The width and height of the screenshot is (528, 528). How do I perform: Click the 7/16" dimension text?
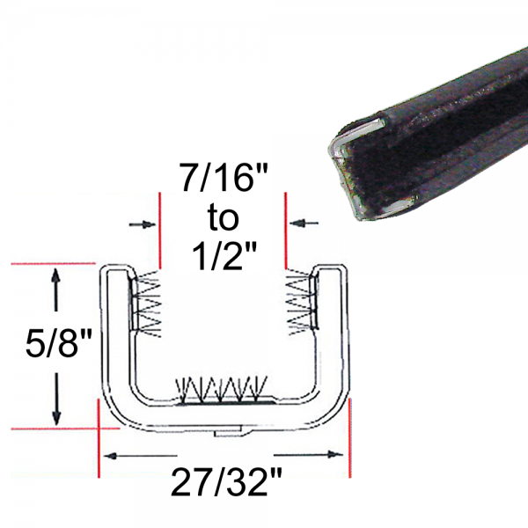click(x=222, y=180)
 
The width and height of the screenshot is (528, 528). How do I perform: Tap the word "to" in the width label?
click(x=222, y=216)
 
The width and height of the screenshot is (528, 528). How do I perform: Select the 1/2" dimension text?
click(x=222, y=255)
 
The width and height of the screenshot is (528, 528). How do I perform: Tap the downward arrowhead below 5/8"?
click(x=56, y=414)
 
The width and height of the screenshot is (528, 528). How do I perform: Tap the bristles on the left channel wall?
click(x=147, y=304)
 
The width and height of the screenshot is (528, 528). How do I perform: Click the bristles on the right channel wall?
click(x=299, y=304)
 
